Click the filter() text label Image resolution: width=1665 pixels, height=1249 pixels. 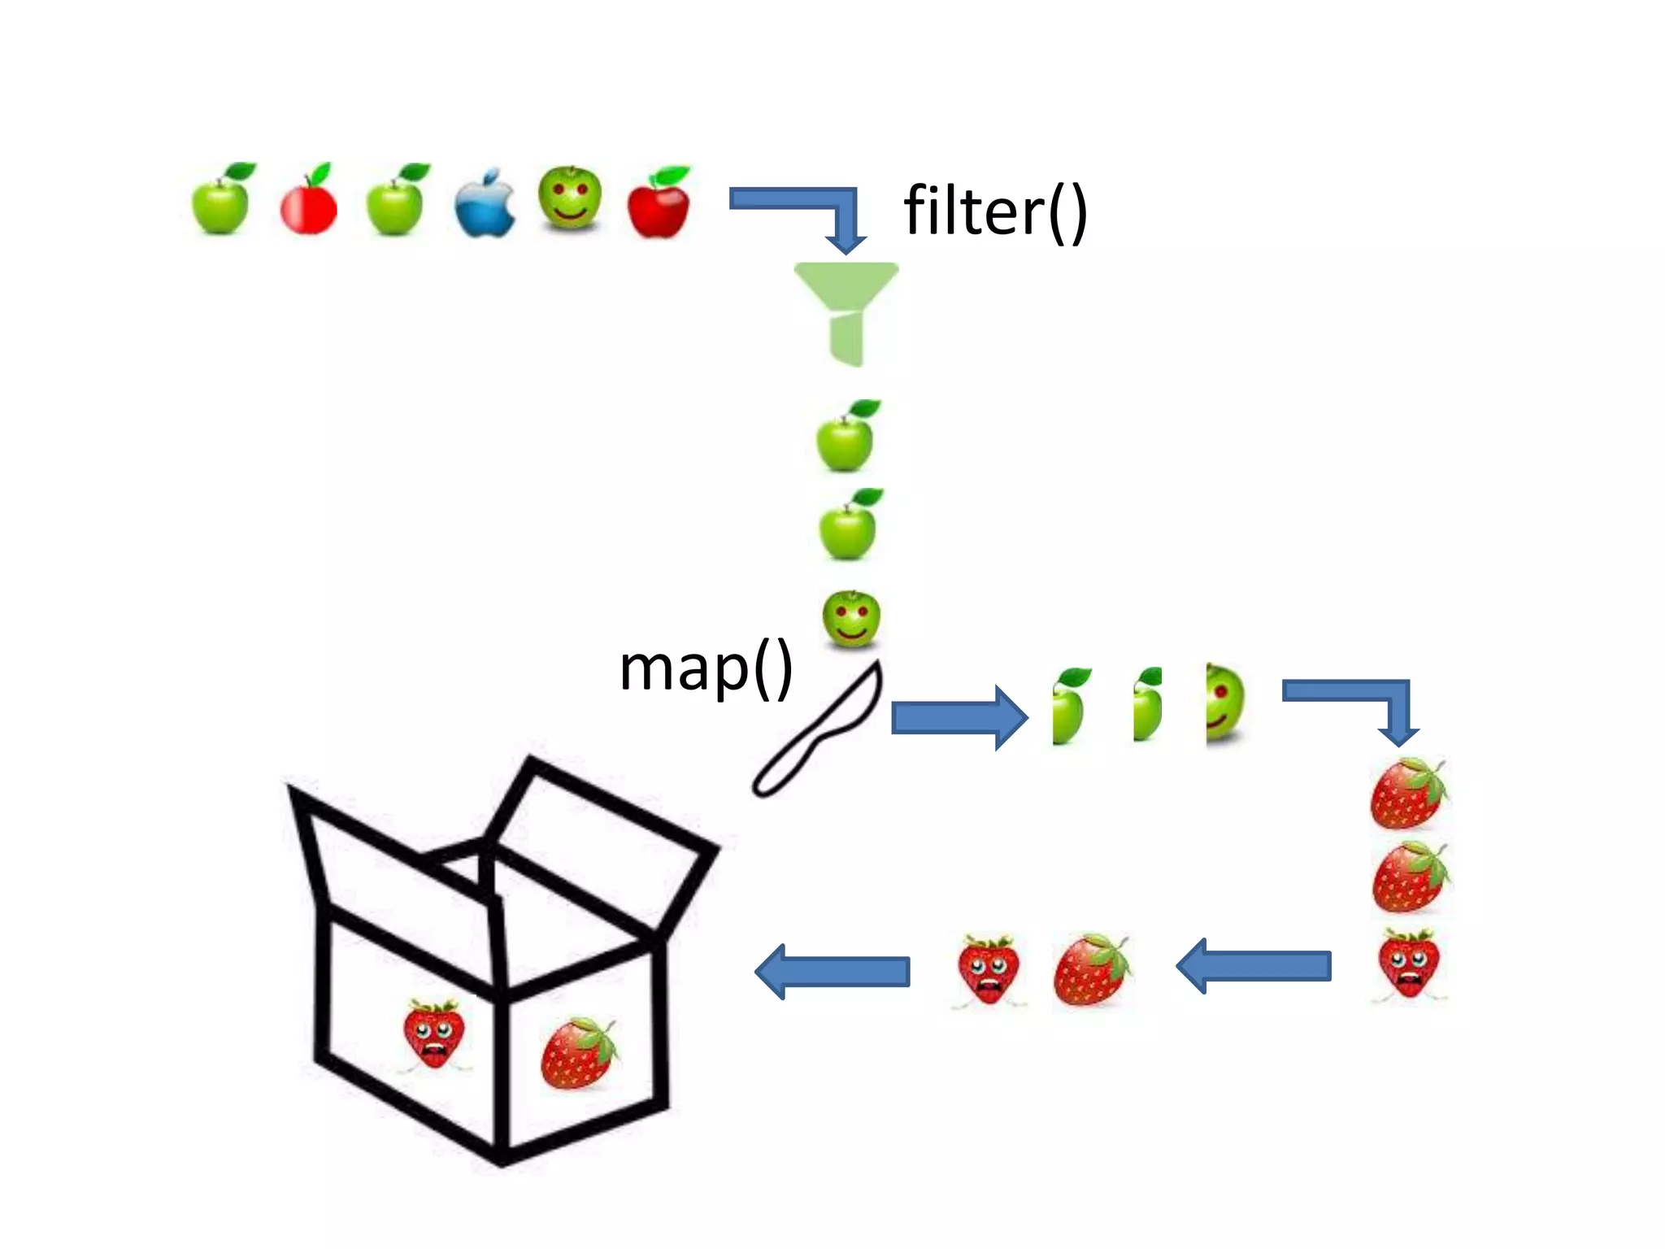(995, 211)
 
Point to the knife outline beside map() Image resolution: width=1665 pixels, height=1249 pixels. (817, 732)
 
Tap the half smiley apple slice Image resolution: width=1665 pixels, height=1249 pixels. (1224, 703)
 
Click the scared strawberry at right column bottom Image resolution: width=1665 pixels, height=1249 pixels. (1409, 964)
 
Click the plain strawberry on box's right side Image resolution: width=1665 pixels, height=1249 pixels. (578, 1052)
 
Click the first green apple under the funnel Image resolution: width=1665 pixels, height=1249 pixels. (846, 439)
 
